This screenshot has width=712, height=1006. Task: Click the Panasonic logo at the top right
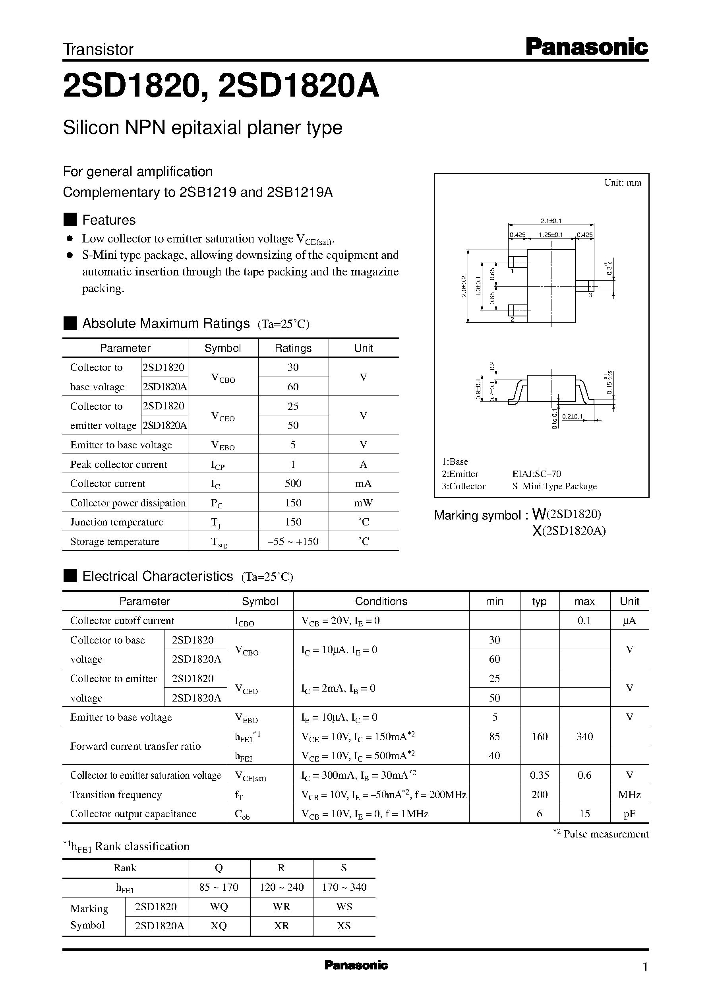tap(586, 47)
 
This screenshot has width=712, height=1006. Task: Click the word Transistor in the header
tap(98, 50)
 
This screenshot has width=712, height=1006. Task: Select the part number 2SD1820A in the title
tap(298, 86)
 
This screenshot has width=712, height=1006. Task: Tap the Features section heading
tap(109, 220)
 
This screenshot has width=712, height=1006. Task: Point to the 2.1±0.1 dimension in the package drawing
tap(551, 221)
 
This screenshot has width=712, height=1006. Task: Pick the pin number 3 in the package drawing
tap(590, 295)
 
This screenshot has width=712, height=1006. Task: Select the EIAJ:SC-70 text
tap(537, 474)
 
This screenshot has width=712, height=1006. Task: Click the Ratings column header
tap(293, 348)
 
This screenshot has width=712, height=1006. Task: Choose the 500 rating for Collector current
tap(293, 483)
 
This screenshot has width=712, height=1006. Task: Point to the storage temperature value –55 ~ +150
tap(293, 541)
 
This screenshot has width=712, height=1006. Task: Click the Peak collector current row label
tap(118, 464)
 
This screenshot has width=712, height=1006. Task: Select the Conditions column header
tap(381, 601)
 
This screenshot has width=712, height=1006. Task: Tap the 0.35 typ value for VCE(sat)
tap(539, 775)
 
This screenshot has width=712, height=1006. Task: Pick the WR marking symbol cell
tap(281, 907)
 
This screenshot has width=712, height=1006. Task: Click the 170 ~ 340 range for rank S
tap(344, 887)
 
